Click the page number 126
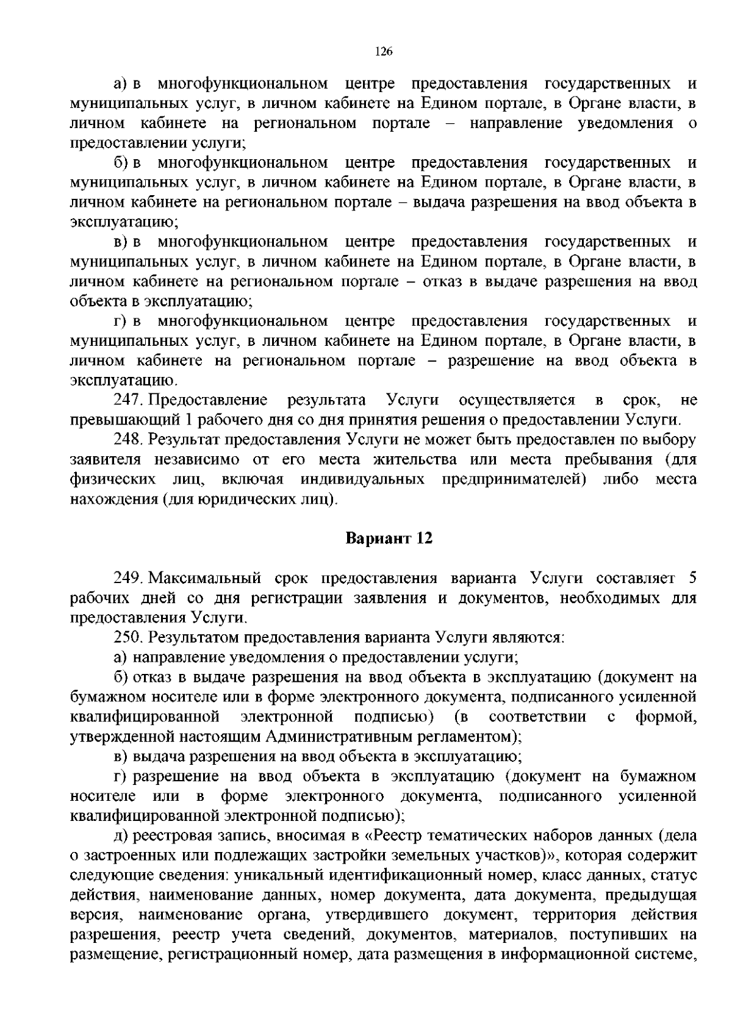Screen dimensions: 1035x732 click(x=383, y=52)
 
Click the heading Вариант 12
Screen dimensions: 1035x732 click(x=389, y=539)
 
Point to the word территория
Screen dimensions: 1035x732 click(x=573, y=915)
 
